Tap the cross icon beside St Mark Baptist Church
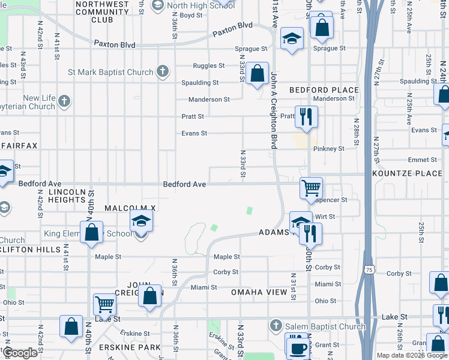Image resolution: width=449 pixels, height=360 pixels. pos(161,72)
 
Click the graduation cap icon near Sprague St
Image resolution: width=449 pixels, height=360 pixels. pos(292,38)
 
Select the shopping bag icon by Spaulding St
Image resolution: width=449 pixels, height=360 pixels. pos(258,73)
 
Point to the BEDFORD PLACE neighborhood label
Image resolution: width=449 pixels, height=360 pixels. pos(324,90)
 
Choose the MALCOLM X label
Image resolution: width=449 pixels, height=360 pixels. pos(130,208)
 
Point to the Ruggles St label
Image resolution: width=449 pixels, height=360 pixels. pos(208,66)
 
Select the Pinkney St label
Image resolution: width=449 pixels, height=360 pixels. pos(329,148)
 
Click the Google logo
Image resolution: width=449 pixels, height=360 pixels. pos(20,353)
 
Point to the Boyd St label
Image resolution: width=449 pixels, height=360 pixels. pos(191,15)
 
